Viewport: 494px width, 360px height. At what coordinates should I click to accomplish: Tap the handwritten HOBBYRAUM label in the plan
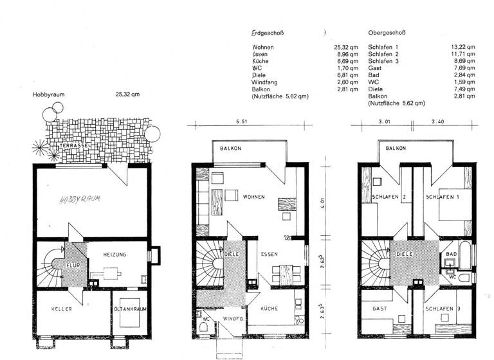(80, 199)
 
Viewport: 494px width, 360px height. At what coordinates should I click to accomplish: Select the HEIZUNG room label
(115, 255)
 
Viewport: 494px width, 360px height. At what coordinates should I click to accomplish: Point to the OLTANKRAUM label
(130, 309)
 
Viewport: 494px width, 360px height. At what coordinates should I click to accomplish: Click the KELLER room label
(61, 309)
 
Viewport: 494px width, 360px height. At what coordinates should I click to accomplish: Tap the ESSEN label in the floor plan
(270, 255)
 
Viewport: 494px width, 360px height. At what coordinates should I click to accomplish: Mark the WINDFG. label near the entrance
(232, 318)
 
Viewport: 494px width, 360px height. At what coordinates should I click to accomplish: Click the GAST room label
(380, 309)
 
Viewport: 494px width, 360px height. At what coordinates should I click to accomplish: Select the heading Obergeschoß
(387, 32)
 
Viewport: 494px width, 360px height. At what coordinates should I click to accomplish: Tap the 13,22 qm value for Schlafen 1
(464, 48)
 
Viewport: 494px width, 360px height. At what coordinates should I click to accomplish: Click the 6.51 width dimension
(242, 121)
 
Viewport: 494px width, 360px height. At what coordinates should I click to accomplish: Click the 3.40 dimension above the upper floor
(437, 121)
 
